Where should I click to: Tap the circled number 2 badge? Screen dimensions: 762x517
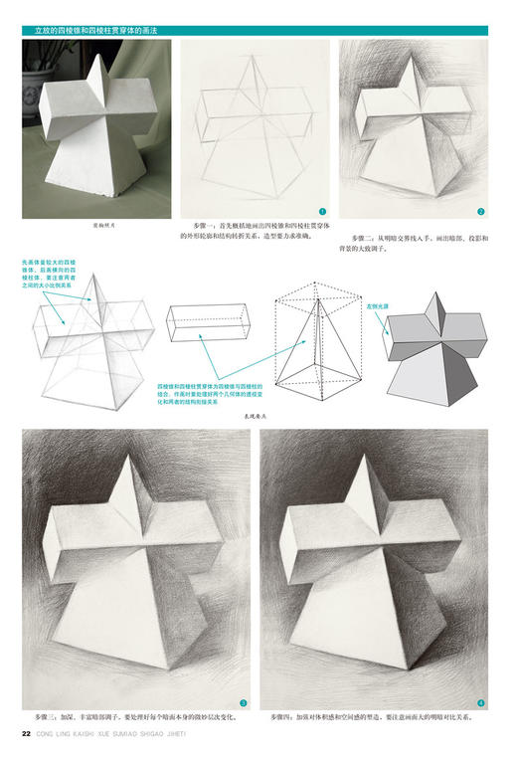click(x=480, y=211)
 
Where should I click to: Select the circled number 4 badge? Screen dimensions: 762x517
click(x=481, y=701)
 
